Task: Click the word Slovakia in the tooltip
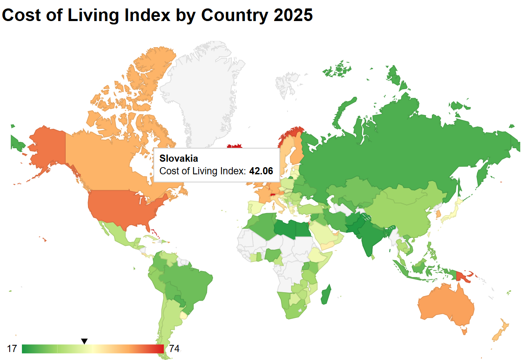(x=178, y=159)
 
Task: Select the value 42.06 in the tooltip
(x=261, y=171)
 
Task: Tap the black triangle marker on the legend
(x=84, y=341)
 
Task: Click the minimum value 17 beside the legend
(x=12, y=349)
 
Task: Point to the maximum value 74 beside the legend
(x=174, y=349)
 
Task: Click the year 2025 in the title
(x=293, y=15)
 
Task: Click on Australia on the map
(x=444, y=305)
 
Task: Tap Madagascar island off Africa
(x=326, y=294)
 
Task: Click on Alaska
(x=46, y=145)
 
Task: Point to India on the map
(x=368, y=236)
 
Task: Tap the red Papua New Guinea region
(x=464, y=276)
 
